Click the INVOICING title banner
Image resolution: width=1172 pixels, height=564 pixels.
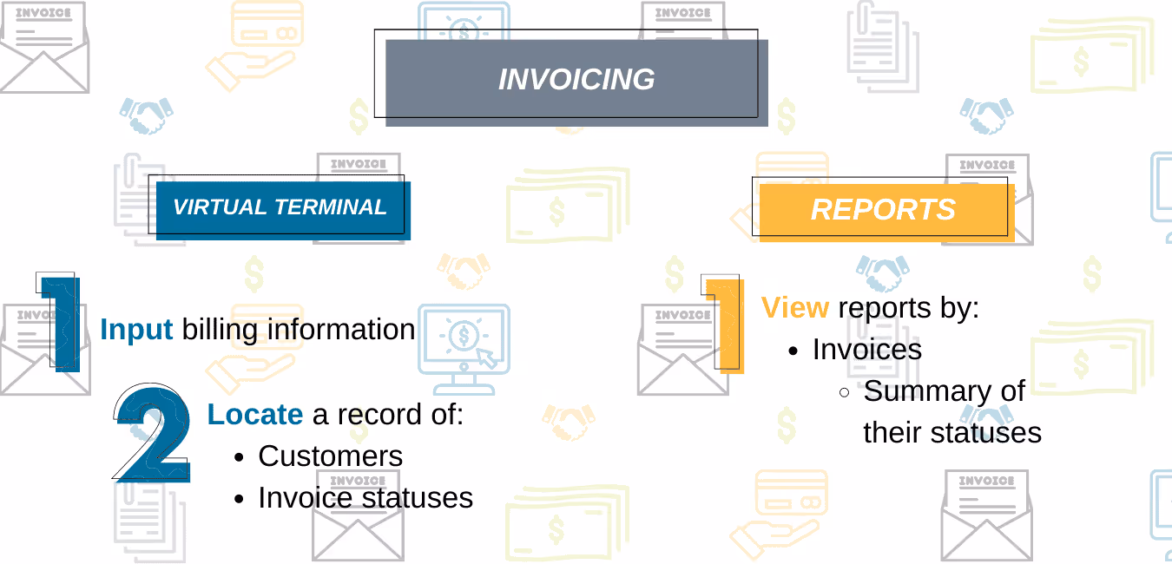click(576, 80)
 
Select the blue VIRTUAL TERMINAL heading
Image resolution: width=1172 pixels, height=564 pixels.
click(280, 208)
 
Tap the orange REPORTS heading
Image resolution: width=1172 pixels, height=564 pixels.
click(883, 209)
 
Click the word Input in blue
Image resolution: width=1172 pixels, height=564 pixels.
click(137, 331)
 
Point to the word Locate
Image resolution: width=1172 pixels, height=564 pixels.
click(254, 415)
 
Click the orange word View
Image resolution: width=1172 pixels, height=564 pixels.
click(795, 308)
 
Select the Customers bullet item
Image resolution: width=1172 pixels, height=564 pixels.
click(330, 456)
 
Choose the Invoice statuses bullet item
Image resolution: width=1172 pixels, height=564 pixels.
click(365, 498)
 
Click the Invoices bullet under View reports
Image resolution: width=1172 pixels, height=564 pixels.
click(866, 350)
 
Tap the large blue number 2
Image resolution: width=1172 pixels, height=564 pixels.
click(155, 434)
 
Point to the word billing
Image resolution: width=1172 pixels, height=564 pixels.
click(221, 331)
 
